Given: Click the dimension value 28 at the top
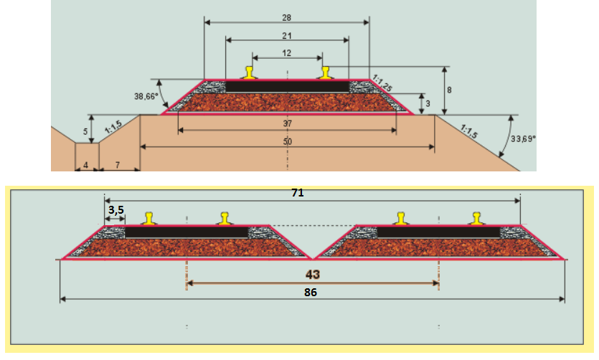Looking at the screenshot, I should coord(287,15).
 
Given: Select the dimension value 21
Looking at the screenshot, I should coord(287,35).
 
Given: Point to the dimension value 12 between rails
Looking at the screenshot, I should coord(287,53).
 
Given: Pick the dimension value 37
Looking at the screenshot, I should coord(287,123).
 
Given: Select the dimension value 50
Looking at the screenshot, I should coord(287,143).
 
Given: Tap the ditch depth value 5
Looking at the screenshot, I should coord(85,131).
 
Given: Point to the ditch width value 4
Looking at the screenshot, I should coord(86,166).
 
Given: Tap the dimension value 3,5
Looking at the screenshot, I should coord(115,209).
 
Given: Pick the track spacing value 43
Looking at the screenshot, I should coord(312,275).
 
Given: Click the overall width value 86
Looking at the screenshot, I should coord(311,293).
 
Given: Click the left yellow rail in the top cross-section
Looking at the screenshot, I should coord(249,72).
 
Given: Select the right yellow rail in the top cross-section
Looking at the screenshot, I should coord(326,72).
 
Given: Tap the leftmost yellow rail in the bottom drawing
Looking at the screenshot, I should coord(148,218).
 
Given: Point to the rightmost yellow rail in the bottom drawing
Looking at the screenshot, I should coord(476,218).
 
